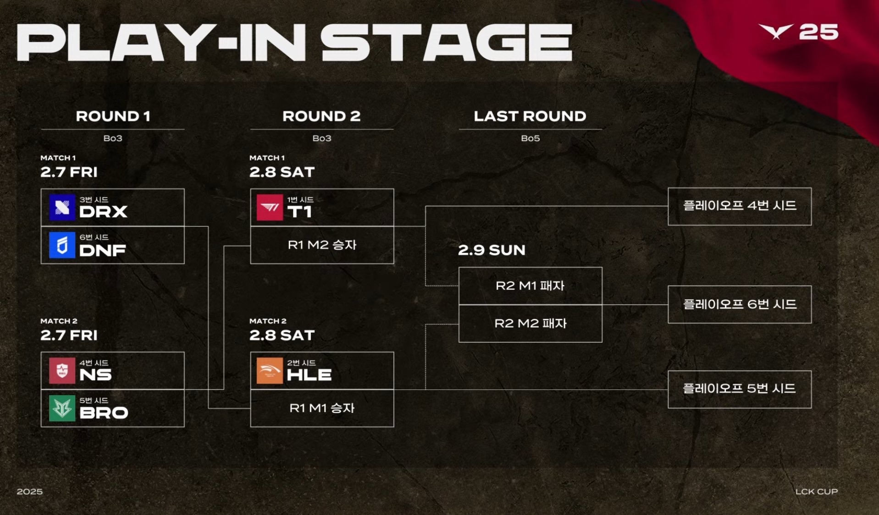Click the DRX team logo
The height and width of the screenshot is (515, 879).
tap(62, 208)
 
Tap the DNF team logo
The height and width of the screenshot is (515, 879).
tap(62, 245)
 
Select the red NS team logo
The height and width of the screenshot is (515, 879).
tap(62, 371)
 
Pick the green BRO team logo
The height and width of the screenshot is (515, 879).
tap(62, 408)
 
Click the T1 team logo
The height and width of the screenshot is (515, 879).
tap(270, 208)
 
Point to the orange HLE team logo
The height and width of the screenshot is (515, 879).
tap(270, 371)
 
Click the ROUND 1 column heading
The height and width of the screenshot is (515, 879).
tap(113, 116)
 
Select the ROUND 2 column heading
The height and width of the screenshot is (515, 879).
tap(321, 116)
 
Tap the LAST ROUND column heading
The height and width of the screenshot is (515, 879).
tap(530, 116)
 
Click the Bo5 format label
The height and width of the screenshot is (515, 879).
tap(531, 138)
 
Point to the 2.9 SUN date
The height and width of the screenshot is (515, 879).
tap(492, 250)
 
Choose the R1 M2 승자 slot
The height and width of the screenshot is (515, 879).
tap(322, 245)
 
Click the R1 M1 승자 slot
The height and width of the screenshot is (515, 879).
tap(322, 408)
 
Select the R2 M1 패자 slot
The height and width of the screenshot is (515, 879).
tap(531, 286)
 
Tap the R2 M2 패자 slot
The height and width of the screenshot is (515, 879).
tap(531, 323)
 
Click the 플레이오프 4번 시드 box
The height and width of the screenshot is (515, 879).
tap(740, 206)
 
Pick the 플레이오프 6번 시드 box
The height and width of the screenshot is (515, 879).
tap(740, 305)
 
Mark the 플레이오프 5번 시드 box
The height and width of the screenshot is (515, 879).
tap(740, 389)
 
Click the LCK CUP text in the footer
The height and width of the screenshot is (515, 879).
tap(817, 492)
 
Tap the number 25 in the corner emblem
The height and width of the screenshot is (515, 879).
tap(818, 32)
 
